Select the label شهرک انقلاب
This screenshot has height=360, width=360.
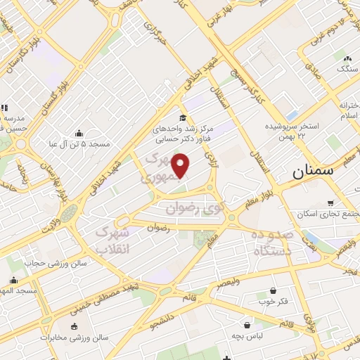click(113, 240)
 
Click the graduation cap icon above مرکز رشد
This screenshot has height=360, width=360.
click(183, 118)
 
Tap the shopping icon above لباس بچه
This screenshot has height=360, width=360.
click(247, 325)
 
